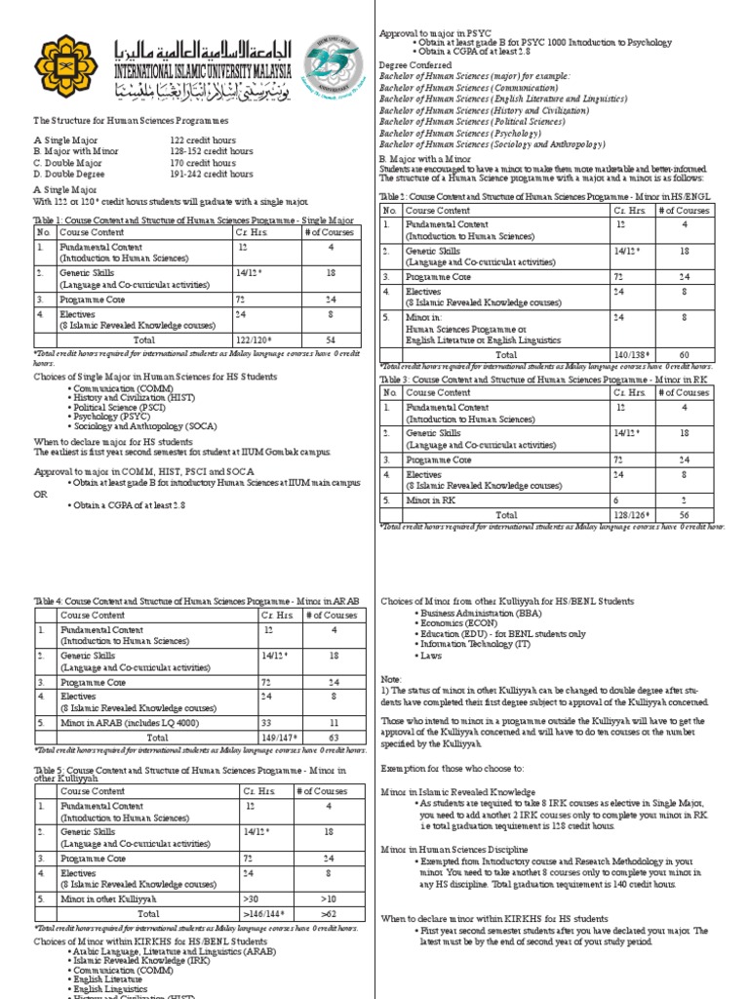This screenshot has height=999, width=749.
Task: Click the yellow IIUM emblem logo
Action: pyautogui.click(x=65, y=67)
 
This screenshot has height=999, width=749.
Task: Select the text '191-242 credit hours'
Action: pyautogui.click(x=212, y=175)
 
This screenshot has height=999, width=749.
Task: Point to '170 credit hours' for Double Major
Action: pyautogui.click(x=203, y=163)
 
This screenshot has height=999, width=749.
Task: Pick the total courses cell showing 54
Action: pyautogui.click(x=330, y=340)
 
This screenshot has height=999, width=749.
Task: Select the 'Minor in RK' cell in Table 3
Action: pyautogui.click(x=429, y=499)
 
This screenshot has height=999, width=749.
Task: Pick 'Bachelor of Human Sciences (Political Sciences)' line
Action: pyautogui.click(x=472, y=122)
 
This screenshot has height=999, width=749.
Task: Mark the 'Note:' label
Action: pyautogui.click(x=390, y=677)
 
